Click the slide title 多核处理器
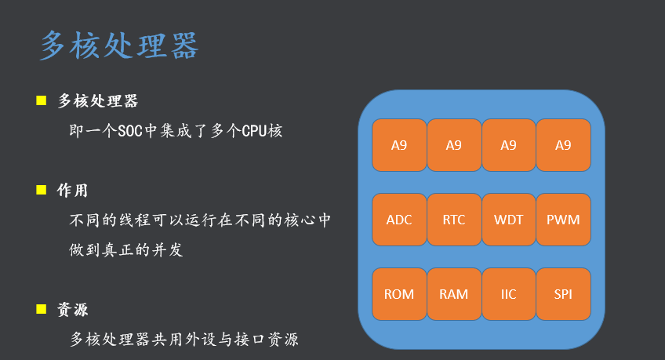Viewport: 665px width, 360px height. click(119, 46)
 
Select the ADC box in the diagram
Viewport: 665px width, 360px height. click(399, 220)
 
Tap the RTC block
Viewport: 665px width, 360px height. click(454, 220)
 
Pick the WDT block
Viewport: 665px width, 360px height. click(508, 220)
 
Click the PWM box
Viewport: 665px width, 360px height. click(563, 220)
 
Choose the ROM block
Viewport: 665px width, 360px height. click(399, 294)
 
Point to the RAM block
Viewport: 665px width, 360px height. click(454, 294)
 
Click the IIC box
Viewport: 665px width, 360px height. click(508, 294)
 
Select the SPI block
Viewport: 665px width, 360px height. click(563, 294)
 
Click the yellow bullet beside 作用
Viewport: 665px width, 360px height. click(42, 190)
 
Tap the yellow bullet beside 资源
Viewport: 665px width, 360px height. click(42, 309)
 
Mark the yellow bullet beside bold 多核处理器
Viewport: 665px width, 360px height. click(42, 100)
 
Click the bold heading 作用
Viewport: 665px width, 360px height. click(73, 191)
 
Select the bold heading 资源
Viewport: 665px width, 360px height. click(73, 310)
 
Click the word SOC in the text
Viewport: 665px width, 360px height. click(131, 131)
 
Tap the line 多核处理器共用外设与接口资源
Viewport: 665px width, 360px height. click(184, 340)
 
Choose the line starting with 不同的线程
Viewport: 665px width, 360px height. click(201, 220)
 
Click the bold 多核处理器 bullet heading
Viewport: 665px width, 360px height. click(98, 101)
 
